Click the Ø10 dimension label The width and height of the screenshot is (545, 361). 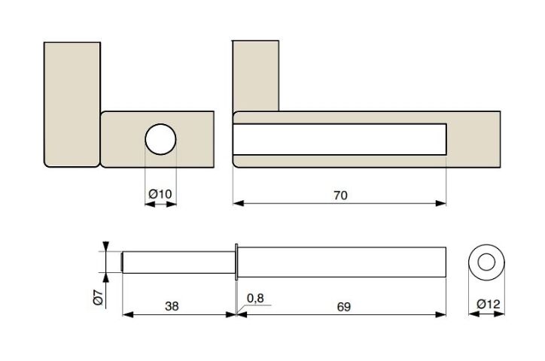pos(160,194)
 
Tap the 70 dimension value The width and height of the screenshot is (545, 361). pos(340,196)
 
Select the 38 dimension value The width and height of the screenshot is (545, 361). pos(172,306)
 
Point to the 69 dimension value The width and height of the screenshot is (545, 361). pos(344,307)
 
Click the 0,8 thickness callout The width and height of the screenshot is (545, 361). pos(255,298)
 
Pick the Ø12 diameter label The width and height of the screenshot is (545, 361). pos(489,304)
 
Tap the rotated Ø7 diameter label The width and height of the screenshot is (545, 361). pos(99,297)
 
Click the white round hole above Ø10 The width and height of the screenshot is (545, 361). pos(160,139)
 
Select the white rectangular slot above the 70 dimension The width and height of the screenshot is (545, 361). pos(339,139)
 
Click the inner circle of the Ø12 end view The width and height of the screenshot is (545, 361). pos(486,262)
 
